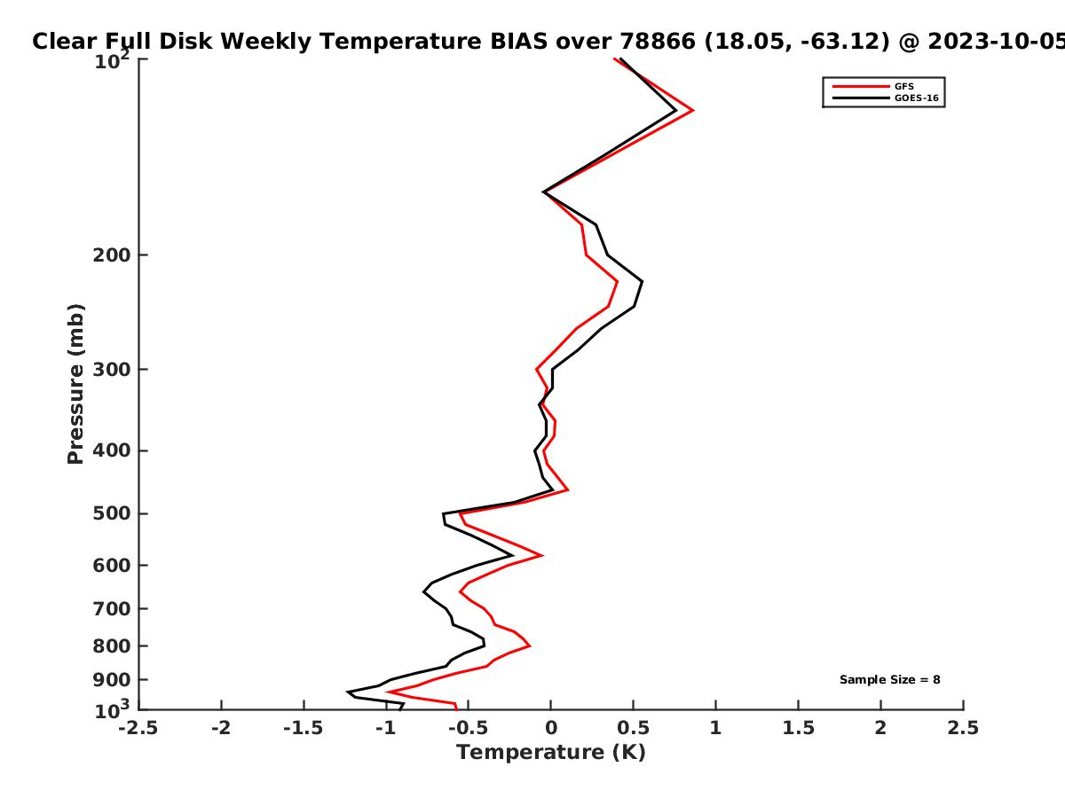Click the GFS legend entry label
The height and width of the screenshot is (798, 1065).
[903, 86]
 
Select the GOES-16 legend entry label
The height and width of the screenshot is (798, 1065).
[917, 98]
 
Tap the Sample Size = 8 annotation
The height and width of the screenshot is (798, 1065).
[890, 680]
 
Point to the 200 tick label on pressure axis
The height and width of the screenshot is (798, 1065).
[112, 255]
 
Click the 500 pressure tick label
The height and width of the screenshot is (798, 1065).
[112, 513]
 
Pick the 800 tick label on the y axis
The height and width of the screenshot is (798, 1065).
[112, 646]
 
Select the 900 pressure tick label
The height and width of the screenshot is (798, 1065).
[112, 680]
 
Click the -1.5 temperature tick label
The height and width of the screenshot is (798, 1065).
[304, 728]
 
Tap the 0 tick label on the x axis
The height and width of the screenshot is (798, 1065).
[551, 728]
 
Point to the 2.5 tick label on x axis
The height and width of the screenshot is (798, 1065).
[963, 728]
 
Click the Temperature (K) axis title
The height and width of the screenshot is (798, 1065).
[551, 753]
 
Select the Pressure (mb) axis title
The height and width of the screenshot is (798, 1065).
[75, 384]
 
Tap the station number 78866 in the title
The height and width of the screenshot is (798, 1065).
[658, 42]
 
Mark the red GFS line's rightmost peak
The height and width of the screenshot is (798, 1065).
[693, 111]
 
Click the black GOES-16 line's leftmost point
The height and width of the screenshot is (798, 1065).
[348, 692]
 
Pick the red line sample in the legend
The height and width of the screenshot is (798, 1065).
[861, 87]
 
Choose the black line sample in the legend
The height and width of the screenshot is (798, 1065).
[861, 98]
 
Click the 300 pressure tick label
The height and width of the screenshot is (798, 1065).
[112, 370]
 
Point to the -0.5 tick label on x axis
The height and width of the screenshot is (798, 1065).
[469, 728]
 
